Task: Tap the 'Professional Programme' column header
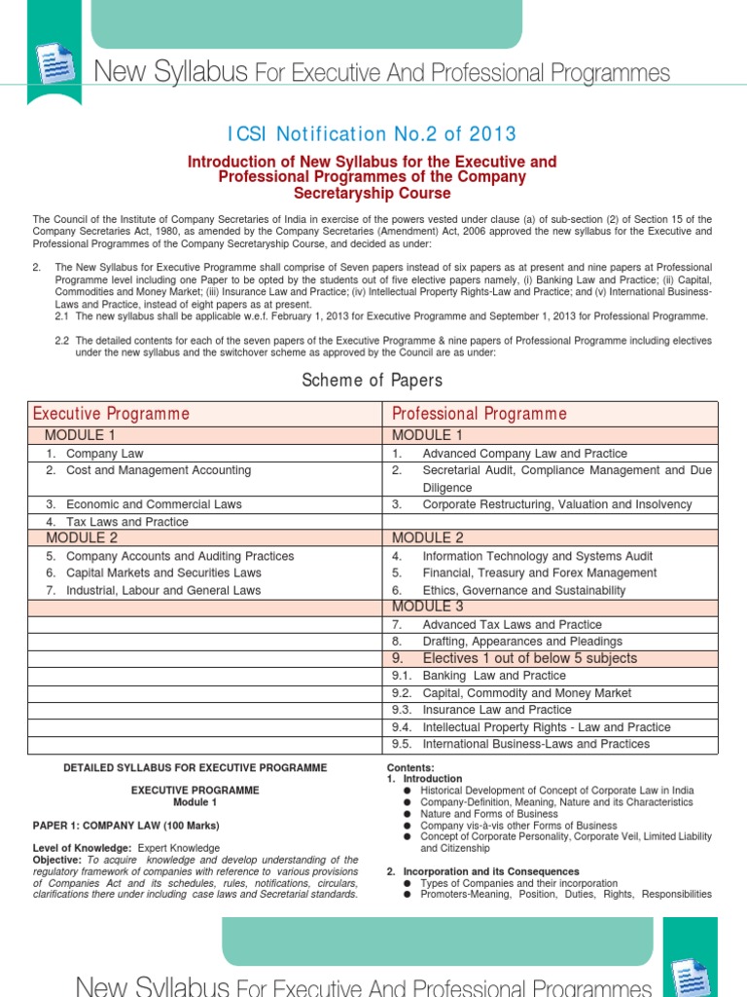[479, 414]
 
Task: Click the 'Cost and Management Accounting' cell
[158, 470]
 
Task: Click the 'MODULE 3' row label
[428, 607]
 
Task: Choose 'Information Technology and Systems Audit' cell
[537, 556]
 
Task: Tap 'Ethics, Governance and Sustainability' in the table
[523, 590]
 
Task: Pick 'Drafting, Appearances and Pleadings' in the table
[522, 642]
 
